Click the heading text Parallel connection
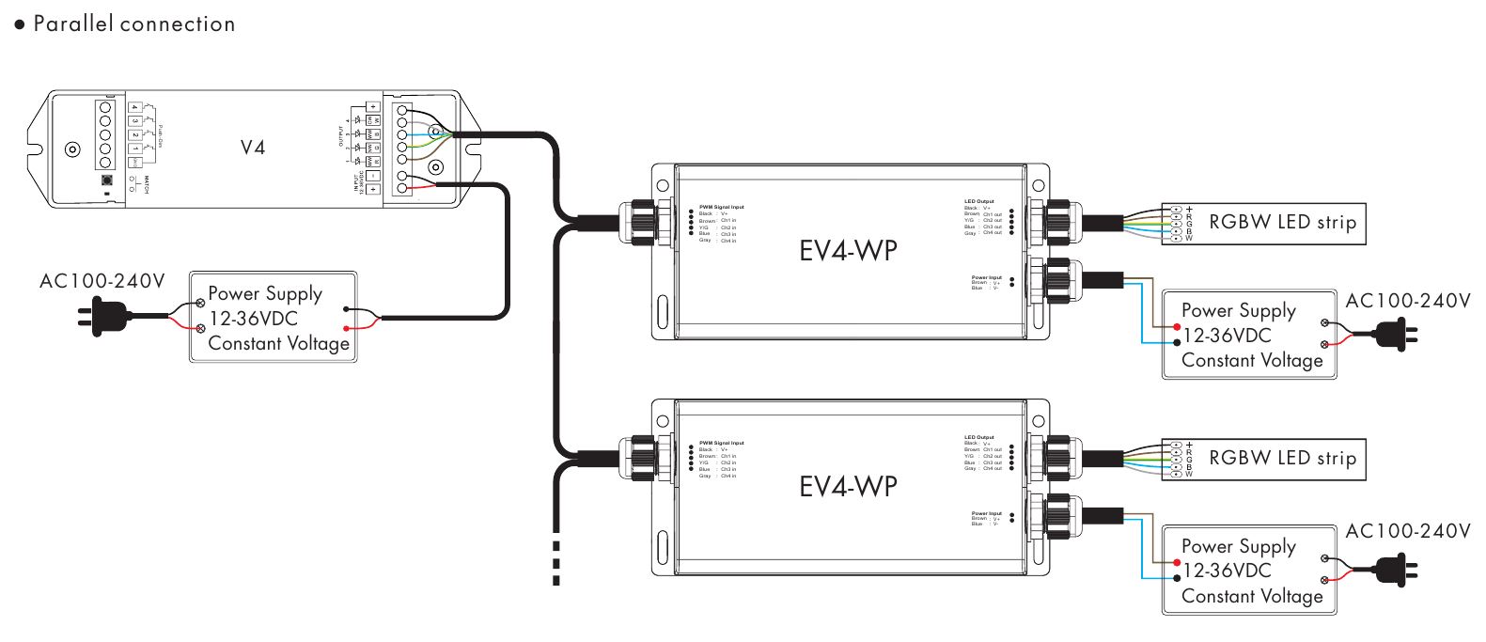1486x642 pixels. click(x=133, y=24)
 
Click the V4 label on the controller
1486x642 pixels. click(x=253, y=148)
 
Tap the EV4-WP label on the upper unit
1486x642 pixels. click(x=848, y=251)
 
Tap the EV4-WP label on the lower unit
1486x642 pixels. click(x=848, y=486)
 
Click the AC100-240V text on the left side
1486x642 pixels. click(x=102, y=281)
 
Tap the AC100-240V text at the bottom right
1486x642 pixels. click(x=1407, y=532)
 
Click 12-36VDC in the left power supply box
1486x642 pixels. click(x=254, y=319)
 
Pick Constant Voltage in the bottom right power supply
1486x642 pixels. click(x=1252, y=596)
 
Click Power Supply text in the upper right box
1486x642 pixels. click(x=1238, y=310)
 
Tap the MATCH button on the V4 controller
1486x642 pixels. click(x=107, y=180)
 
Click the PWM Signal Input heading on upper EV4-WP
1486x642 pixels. click(x=721, y=207)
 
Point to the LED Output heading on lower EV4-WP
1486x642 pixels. click(x=978, y=437)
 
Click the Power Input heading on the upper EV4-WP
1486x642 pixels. click(x=986, y=277)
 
